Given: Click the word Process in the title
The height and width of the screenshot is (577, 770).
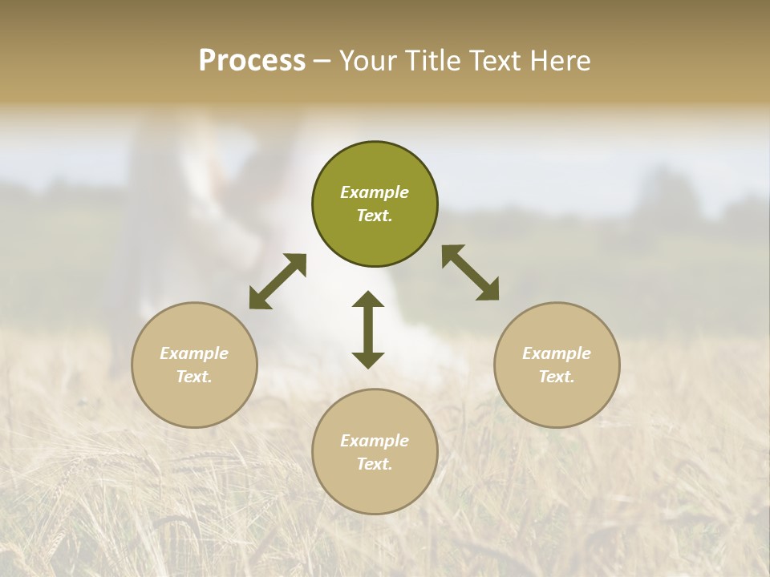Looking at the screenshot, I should pos(252,61).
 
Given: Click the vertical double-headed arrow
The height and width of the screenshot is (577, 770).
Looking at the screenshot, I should pos(368,329).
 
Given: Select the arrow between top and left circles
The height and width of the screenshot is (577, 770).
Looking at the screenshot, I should pos(278,281).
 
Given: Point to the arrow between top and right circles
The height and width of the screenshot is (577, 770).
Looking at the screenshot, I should pos(471,272).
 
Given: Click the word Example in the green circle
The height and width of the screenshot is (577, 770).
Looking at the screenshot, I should pos(375,192).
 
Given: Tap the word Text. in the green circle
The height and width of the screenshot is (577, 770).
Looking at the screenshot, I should pos(375,216).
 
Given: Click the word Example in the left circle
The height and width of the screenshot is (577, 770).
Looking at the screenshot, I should pos(194,353).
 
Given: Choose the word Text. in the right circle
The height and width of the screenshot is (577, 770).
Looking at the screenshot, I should pos(557,377).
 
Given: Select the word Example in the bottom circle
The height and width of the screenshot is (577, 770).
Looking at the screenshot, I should pos(375,441).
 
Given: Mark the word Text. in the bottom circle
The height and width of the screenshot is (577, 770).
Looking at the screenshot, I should pos(375,464).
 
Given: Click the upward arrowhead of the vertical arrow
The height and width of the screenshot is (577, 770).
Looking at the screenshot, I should pos(368,300).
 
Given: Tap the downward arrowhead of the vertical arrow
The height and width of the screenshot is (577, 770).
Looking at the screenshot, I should pos(368,360).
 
